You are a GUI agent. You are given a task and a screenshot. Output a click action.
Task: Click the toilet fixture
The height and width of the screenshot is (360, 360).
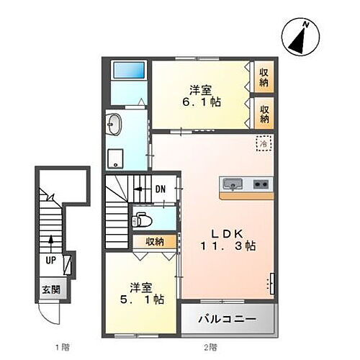point(143,219)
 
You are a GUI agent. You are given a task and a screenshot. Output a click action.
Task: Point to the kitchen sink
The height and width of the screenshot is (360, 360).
point(233,184)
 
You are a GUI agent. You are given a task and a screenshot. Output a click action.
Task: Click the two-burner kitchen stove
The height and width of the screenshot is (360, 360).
point(260,184)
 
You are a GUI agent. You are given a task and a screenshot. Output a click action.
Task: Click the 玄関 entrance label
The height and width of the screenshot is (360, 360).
point(50,291)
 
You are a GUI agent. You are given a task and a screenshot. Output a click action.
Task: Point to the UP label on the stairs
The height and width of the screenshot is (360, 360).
point(51,261)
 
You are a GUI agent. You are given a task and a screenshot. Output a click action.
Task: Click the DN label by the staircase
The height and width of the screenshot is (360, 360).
point(161,189)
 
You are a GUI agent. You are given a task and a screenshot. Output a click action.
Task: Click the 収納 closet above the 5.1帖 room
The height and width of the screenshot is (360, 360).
point(153,243)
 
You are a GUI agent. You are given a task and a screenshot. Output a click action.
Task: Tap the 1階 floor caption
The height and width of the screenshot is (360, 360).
point(61,348)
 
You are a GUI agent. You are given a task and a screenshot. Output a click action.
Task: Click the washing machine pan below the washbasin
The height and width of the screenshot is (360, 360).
point(117,158)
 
